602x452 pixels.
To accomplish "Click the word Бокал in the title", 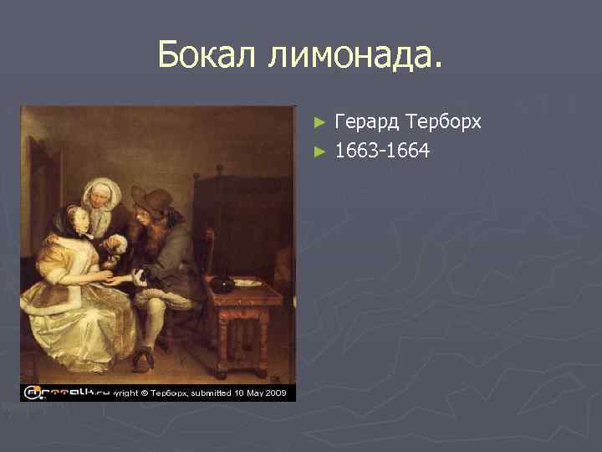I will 208,56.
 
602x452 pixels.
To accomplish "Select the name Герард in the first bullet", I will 367,122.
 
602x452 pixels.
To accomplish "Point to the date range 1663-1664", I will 382,152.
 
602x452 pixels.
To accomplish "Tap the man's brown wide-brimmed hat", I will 151,199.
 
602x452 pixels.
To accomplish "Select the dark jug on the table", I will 222,283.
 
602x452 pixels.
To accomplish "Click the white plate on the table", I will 247,283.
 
